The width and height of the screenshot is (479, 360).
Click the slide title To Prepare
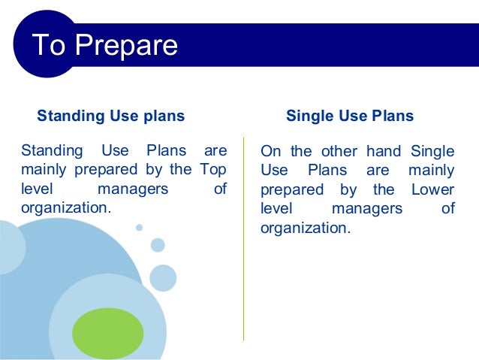coord(104,46)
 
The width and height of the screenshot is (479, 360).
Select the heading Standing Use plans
coord(111,116)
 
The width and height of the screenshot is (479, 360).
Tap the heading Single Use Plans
coord(350,116)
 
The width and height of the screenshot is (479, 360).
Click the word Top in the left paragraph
coord(213,169)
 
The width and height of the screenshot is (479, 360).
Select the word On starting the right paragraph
coord(270,151)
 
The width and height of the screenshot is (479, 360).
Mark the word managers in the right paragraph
coord(366,209)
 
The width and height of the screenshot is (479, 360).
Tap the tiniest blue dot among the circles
coord(139,227)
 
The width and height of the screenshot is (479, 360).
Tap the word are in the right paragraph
coord(378,171)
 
